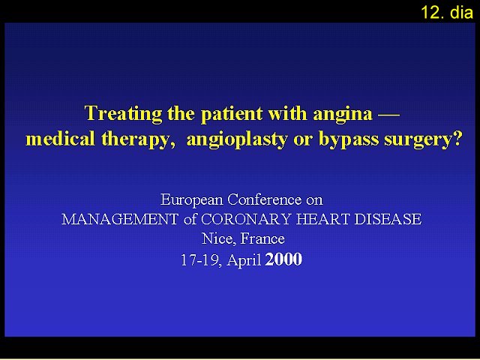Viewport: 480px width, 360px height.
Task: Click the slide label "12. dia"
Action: point(447,13)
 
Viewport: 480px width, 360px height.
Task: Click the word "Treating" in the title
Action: point(123,114)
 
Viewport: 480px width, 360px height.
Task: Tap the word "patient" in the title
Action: point(232,114)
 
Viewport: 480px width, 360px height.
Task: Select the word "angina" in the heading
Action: point(343,115)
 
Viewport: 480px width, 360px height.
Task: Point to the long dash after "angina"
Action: point(388,115)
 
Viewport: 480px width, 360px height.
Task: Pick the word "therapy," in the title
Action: point(139,139)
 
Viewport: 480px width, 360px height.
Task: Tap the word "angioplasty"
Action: point(237,139)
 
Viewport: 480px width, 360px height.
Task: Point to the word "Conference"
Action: point(265,199)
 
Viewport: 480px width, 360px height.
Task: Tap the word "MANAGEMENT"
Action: point(120,219)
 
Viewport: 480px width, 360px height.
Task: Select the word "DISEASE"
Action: point(388,219)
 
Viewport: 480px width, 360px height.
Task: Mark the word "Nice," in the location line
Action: point(219,238)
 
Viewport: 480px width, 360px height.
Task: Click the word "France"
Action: point(262,238)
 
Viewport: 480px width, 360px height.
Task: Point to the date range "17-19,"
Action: point(202,260)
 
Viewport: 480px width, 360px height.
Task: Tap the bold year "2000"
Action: point(283,259)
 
